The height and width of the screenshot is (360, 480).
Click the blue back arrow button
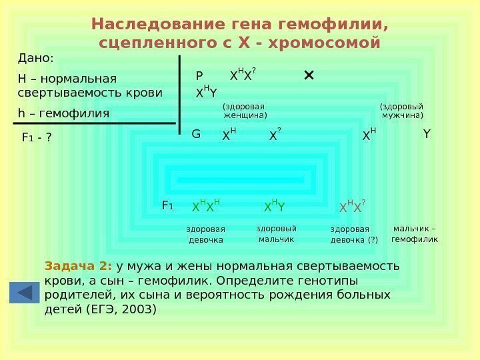point(25,293)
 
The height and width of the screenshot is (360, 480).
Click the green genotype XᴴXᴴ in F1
point(206,207)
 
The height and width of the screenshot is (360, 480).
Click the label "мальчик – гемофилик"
point(414,233)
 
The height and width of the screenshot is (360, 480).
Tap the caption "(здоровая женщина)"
point(244,111)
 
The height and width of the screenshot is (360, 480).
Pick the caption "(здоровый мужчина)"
point(401,111)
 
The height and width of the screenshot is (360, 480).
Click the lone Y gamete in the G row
point(427,135)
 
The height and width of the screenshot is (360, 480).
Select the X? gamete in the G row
point(275,136)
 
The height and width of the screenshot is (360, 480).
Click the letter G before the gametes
point(196,135)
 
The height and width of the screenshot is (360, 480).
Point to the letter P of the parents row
point(199,76)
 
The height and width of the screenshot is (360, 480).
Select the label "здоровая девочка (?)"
point(354,235)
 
